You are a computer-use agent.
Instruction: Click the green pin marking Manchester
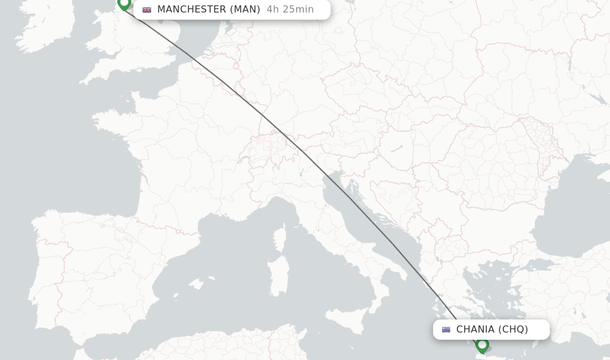click(x=124, y=4)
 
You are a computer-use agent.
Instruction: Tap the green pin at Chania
click(x=483, y=345)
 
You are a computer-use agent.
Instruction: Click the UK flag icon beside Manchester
click(x=147, y=10)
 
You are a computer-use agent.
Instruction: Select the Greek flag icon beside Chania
click(x=446, y=330)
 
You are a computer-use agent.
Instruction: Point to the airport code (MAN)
click(x=245, y=10)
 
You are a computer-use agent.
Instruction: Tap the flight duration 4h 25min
click(x=290, y=10)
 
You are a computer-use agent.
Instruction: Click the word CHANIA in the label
click(x=475, y=330)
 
